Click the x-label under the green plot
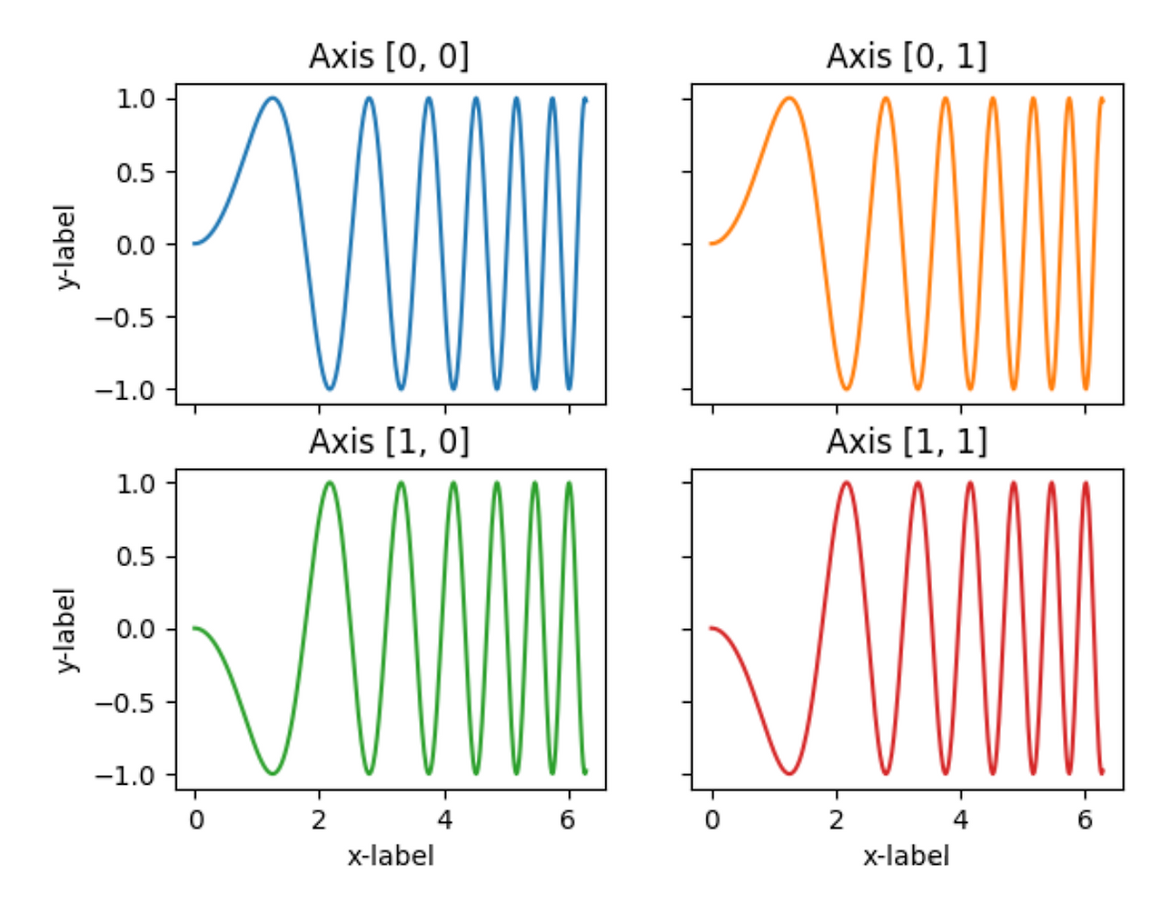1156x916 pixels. (390, 856)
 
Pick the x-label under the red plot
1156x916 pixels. (907, 856)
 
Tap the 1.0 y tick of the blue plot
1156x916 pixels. (135, 98)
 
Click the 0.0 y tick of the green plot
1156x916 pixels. (135, 629)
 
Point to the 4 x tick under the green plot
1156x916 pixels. (444, 819)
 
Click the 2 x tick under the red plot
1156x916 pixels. (836, 819)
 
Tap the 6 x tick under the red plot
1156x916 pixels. (1086, 819)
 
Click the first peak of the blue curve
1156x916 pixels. (272, 98)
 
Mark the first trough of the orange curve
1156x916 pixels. (846, 389)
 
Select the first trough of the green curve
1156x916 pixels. (272, 773)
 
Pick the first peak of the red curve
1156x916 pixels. (846, 483)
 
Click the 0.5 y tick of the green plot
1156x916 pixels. (135, 556)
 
